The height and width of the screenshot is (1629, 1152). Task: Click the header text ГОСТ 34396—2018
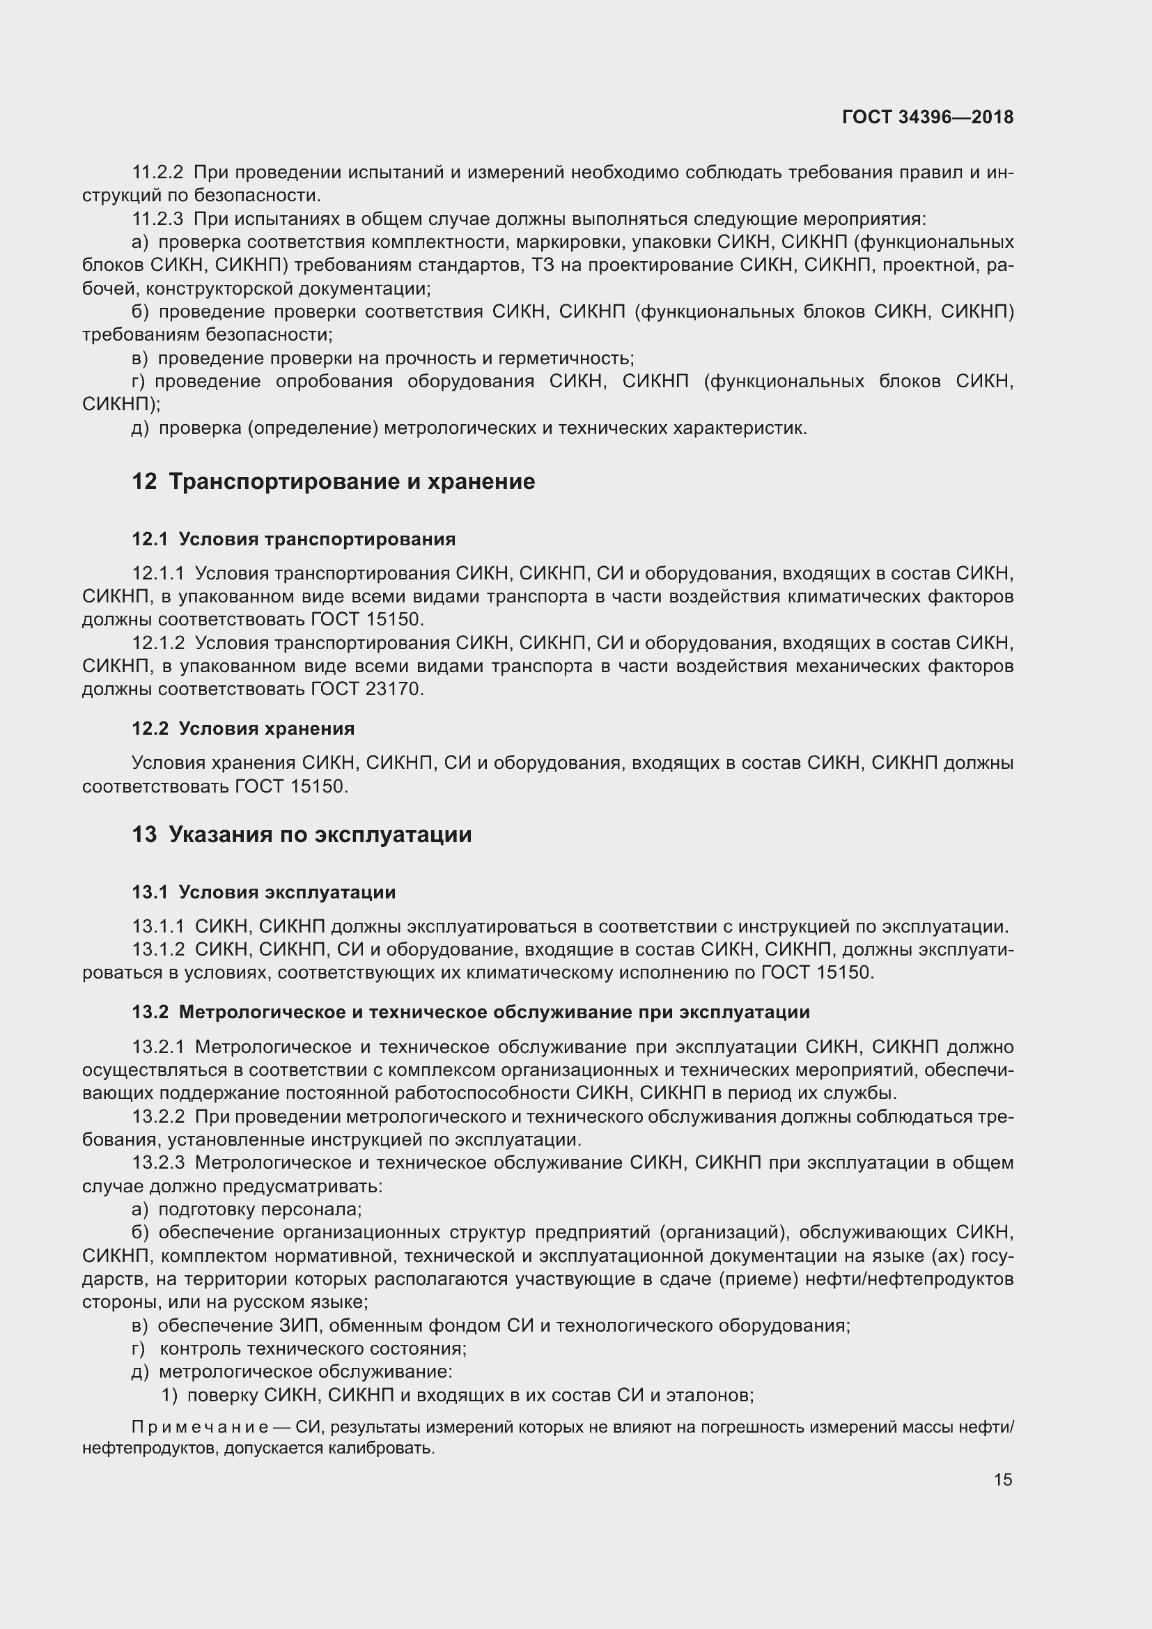[x=927, y=117]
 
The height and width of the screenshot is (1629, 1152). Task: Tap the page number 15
[x=1002, y=1479]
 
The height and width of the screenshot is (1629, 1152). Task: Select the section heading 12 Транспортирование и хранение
[x=334, y=482]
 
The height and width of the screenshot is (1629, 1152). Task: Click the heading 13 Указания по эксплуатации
[x=302, y=834]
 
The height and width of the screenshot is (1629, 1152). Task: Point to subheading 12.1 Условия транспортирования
[x=294, y=539]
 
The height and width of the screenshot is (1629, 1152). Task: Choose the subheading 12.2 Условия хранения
[x=243, y=728]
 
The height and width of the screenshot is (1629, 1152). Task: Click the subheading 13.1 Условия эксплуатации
[x=264, y=892]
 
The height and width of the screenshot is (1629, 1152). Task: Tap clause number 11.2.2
[x=158, y=173]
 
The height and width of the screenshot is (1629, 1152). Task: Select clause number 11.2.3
[x=158, y=219]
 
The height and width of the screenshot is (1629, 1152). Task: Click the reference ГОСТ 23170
[x=367, y=689]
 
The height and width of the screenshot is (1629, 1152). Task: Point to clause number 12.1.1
[x=158, y=572]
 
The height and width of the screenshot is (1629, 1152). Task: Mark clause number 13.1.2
[x=158, y=949]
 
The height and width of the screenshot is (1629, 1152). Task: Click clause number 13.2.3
[x=158, y=1162]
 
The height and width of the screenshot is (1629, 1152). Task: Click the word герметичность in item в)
[x=565, y=358]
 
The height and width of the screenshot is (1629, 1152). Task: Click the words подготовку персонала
[x=260, y=1209]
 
